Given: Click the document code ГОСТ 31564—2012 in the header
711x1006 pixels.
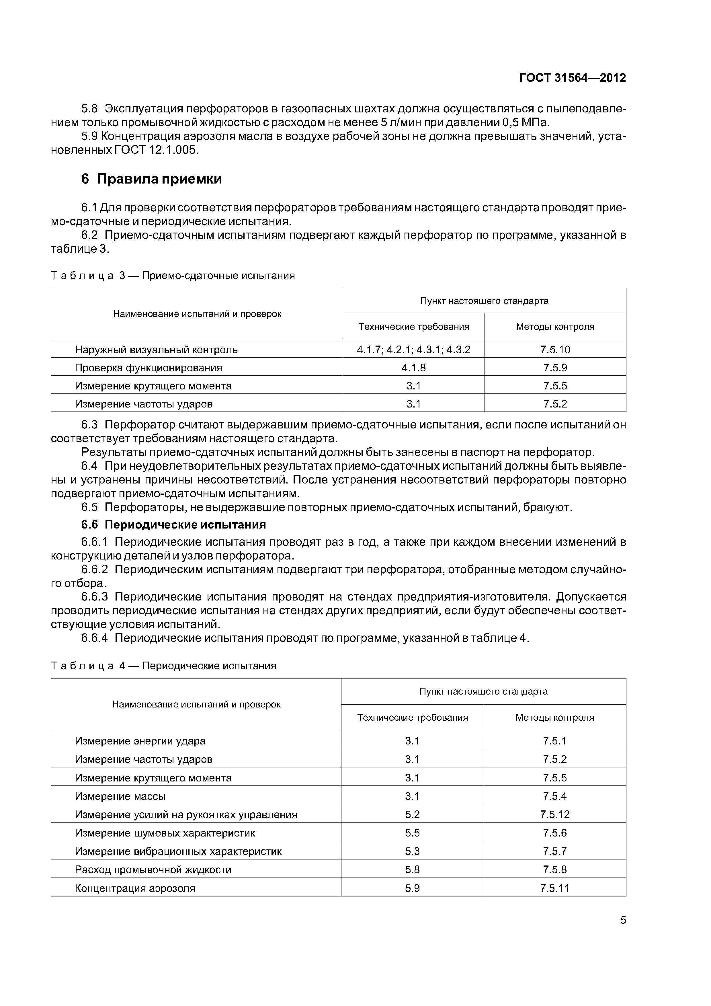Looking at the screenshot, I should click(x=572, y=78).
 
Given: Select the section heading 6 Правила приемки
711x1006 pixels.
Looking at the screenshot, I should click(x=152, y=179).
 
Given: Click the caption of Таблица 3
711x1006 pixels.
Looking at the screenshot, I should click(x=173, y=276).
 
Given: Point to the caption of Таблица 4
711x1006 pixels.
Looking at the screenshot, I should click(x=163, y=666).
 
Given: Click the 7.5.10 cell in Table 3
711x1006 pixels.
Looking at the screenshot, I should click(x=555, y=350).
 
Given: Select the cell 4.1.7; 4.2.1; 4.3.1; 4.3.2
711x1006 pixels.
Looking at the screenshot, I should click(x=413, y=350).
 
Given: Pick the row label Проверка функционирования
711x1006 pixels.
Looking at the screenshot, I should click(x=149, y=368).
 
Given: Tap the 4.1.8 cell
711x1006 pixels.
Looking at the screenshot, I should click(x=413, y=368).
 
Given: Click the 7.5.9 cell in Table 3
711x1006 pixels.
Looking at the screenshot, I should click(x=555, y=368).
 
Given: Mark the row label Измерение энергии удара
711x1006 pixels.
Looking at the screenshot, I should click(x=140, y=741).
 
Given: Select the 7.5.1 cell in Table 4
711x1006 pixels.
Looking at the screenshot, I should click(x=554, y=741).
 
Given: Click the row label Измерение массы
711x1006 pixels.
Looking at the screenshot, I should click(x=120, y=796).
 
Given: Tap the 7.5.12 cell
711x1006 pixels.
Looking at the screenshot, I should click(x=554, y=814).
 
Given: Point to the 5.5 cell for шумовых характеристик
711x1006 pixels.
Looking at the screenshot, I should click(x=412, y=833).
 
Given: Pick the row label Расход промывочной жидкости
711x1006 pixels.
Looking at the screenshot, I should click(x=153, y=870).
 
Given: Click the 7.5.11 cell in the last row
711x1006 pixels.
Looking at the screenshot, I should click(x=554, y=888).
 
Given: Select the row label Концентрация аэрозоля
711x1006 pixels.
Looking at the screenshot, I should click(x=135, y=888).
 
